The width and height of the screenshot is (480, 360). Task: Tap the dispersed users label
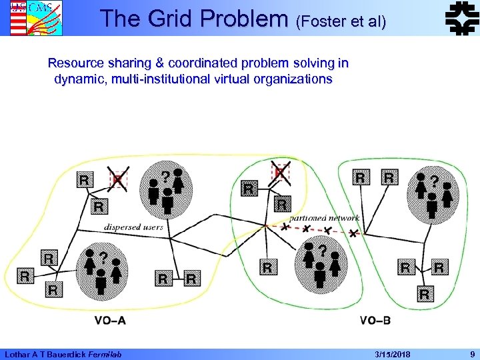pos(134,227)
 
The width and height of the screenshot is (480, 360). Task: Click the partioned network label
pos(325,218)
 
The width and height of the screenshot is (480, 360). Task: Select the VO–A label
pos(110,320)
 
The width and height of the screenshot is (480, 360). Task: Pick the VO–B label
pos(375,320)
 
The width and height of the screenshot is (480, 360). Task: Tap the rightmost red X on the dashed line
pos(353,233)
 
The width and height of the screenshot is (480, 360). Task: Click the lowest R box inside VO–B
pos(425,293)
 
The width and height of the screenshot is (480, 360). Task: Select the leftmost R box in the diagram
pos(25,275)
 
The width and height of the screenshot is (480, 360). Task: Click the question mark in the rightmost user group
pos(434,181)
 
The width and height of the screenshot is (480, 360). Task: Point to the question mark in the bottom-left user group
pos(104,256)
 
